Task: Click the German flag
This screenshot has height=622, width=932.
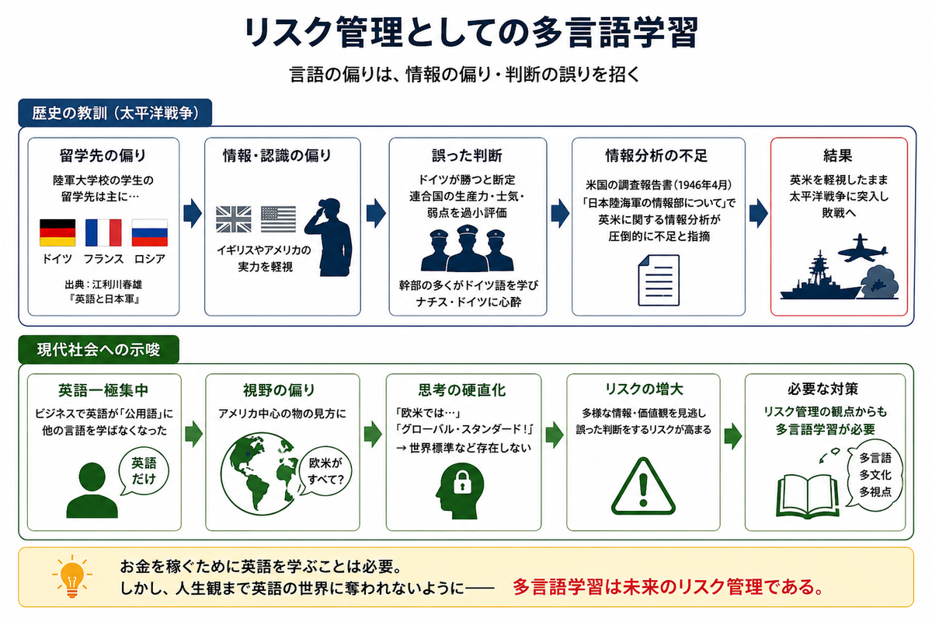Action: [57, 232]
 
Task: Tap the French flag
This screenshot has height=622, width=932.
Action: [103, 232]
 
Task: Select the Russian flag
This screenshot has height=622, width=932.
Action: [150, 232]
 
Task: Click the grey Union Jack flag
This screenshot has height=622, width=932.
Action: [234, 219]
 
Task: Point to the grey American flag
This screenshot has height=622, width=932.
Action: [278, 219]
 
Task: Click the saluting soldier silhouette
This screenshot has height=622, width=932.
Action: [329, 237]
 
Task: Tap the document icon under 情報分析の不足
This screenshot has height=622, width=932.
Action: [659, 281]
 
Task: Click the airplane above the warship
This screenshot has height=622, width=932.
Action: [862, 249]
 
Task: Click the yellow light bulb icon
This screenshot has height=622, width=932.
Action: [72, 576]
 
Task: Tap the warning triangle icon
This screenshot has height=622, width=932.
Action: [643, 486]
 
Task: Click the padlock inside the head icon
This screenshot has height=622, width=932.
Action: [462, 482]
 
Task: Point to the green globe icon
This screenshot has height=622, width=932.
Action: [260, 473]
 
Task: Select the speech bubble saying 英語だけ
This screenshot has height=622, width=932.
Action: [144, 472]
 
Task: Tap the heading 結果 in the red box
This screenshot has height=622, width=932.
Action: [838, 155]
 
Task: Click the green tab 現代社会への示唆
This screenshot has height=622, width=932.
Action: [99, 350]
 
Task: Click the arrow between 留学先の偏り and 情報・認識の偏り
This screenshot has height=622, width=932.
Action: [193, 213]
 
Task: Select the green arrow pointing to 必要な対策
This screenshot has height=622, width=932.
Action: [732, 436]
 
